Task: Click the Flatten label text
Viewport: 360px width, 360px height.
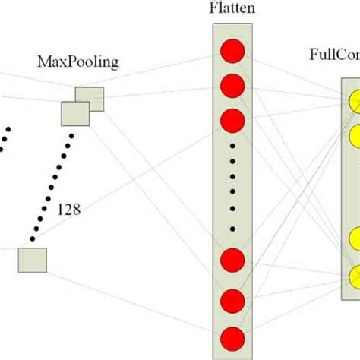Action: pyautogui.click(x=232, y=9)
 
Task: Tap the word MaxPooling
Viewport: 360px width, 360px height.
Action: pyautogui.click(x=78, y=62)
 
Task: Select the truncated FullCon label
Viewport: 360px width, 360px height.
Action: pyautogui.click(x=334, y=55)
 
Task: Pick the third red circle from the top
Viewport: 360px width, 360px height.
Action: pyautogui.click(x=232, y=120)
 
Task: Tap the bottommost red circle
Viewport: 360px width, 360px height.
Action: pyautogui.click(x=232, y=337)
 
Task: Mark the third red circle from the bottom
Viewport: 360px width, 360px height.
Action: pyautogui.click(x=232, y=261)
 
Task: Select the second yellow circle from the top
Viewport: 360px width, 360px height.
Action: pyautogui.click(x=354, y=137)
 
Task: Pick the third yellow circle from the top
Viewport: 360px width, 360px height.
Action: pyautogui.click(x=354, y=237)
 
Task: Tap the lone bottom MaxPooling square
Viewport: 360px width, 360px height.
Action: pyautogui.click(x=32, y=259)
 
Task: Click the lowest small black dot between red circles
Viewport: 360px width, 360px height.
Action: pyautogui.click(x=232, y=229)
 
